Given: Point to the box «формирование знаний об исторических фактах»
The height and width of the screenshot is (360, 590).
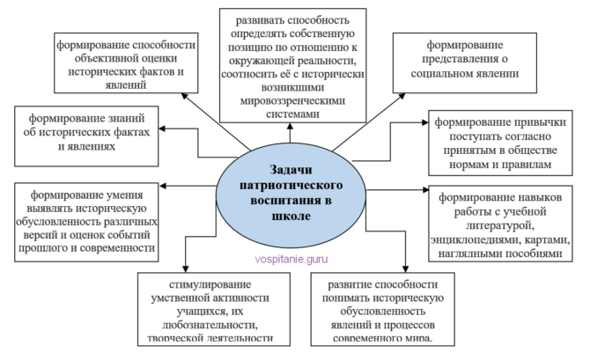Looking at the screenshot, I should click(85, 132).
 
